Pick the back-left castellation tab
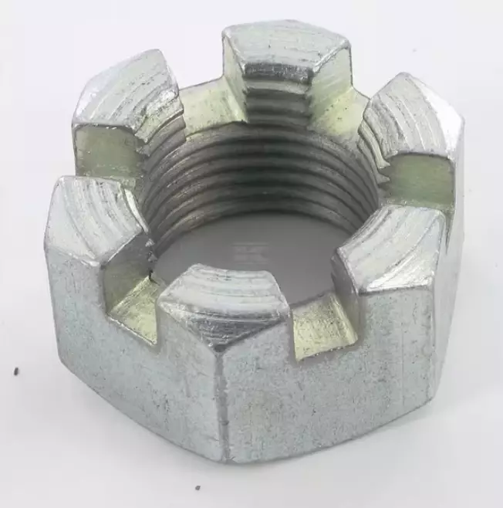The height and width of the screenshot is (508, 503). (127, 97)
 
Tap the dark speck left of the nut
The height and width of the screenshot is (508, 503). (16, 371)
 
